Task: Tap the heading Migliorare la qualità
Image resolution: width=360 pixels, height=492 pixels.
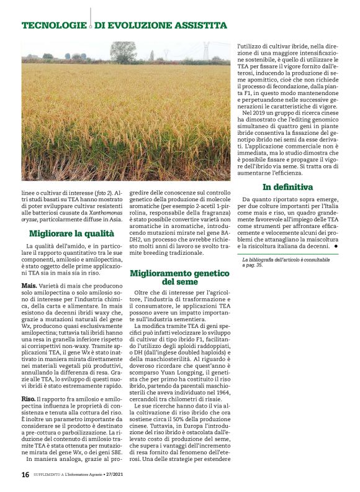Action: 71,234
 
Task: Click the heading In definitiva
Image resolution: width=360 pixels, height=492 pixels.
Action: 287,187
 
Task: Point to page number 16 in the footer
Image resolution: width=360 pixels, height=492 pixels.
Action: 25,474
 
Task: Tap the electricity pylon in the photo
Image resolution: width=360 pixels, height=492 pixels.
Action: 206,51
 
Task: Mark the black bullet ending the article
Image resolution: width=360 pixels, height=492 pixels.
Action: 336,246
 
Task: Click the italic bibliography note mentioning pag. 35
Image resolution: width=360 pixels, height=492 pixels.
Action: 285,262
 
